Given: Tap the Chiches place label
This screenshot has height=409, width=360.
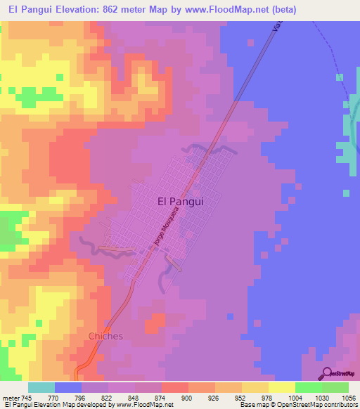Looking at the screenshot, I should (105, 336).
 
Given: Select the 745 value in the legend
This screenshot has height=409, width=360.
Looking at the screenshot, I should (27, 397).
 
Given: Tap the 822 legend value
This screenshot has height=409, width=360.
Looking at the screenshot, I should (108, 397).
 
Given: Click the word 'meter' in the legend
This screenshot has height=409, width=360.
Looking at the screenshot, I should (11, 397).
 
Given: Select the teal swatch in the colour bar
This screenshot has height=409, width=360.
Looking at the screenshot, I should (41, 387).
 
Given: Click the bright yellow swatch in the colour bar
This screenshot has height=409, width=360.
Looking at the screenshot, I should (281, 387).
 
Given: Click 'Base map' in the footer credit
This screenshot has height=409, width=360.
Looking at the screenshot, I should (252, 405).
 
